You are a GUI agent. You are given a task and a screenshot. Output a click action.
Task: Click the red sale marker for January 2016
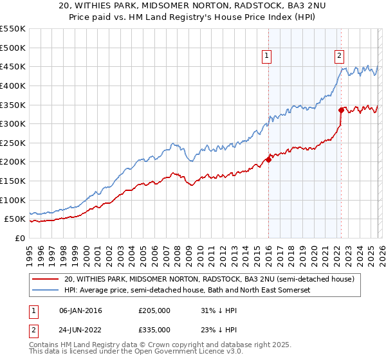point(268,160)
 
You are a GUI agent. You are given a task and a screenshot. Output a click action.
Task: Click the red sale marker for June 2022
point(341,110)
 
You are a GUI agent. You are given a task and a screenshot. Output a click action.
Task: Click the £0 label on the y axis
point(20,239)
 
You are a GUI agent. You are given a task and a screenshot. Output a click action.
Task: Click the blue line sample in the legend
point(44,291)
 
